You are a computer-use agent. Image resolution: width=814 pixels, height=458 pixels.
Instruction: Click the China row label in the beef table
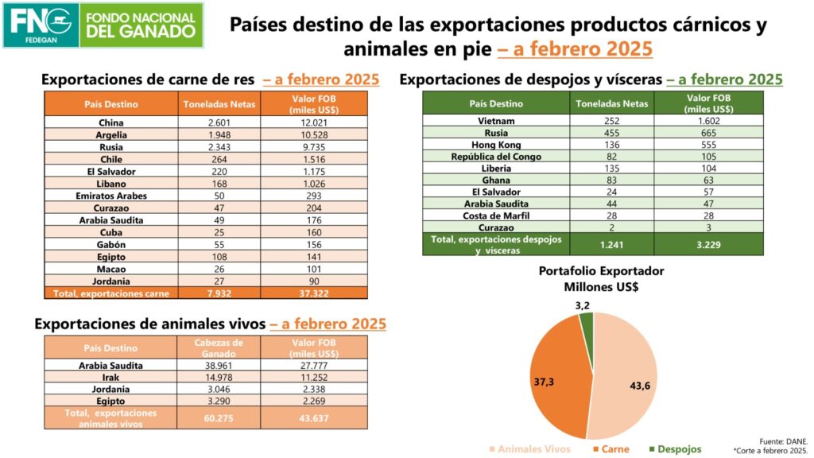tap(110, 122)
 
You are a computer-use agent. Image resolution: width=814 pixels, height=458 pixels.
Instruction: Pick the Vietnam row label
tap(496, 121)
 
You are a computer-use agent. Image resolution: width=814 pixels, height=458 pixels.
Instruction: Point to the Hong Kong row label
tap(496, 145)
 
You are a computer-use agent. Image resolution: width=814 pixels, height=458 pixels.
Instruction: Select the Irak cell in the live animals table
tap(110, 377)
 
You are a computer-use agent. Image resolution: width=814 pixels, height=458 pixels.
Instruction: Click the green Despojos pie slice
tap(587, 323)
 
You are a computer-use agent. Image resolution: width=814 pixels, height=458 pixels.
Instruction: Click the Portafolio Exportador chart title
tap(601, 278)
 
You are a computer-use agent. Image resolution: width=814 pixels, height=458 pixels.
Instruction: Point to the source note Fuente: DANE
tap(782, 441)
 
